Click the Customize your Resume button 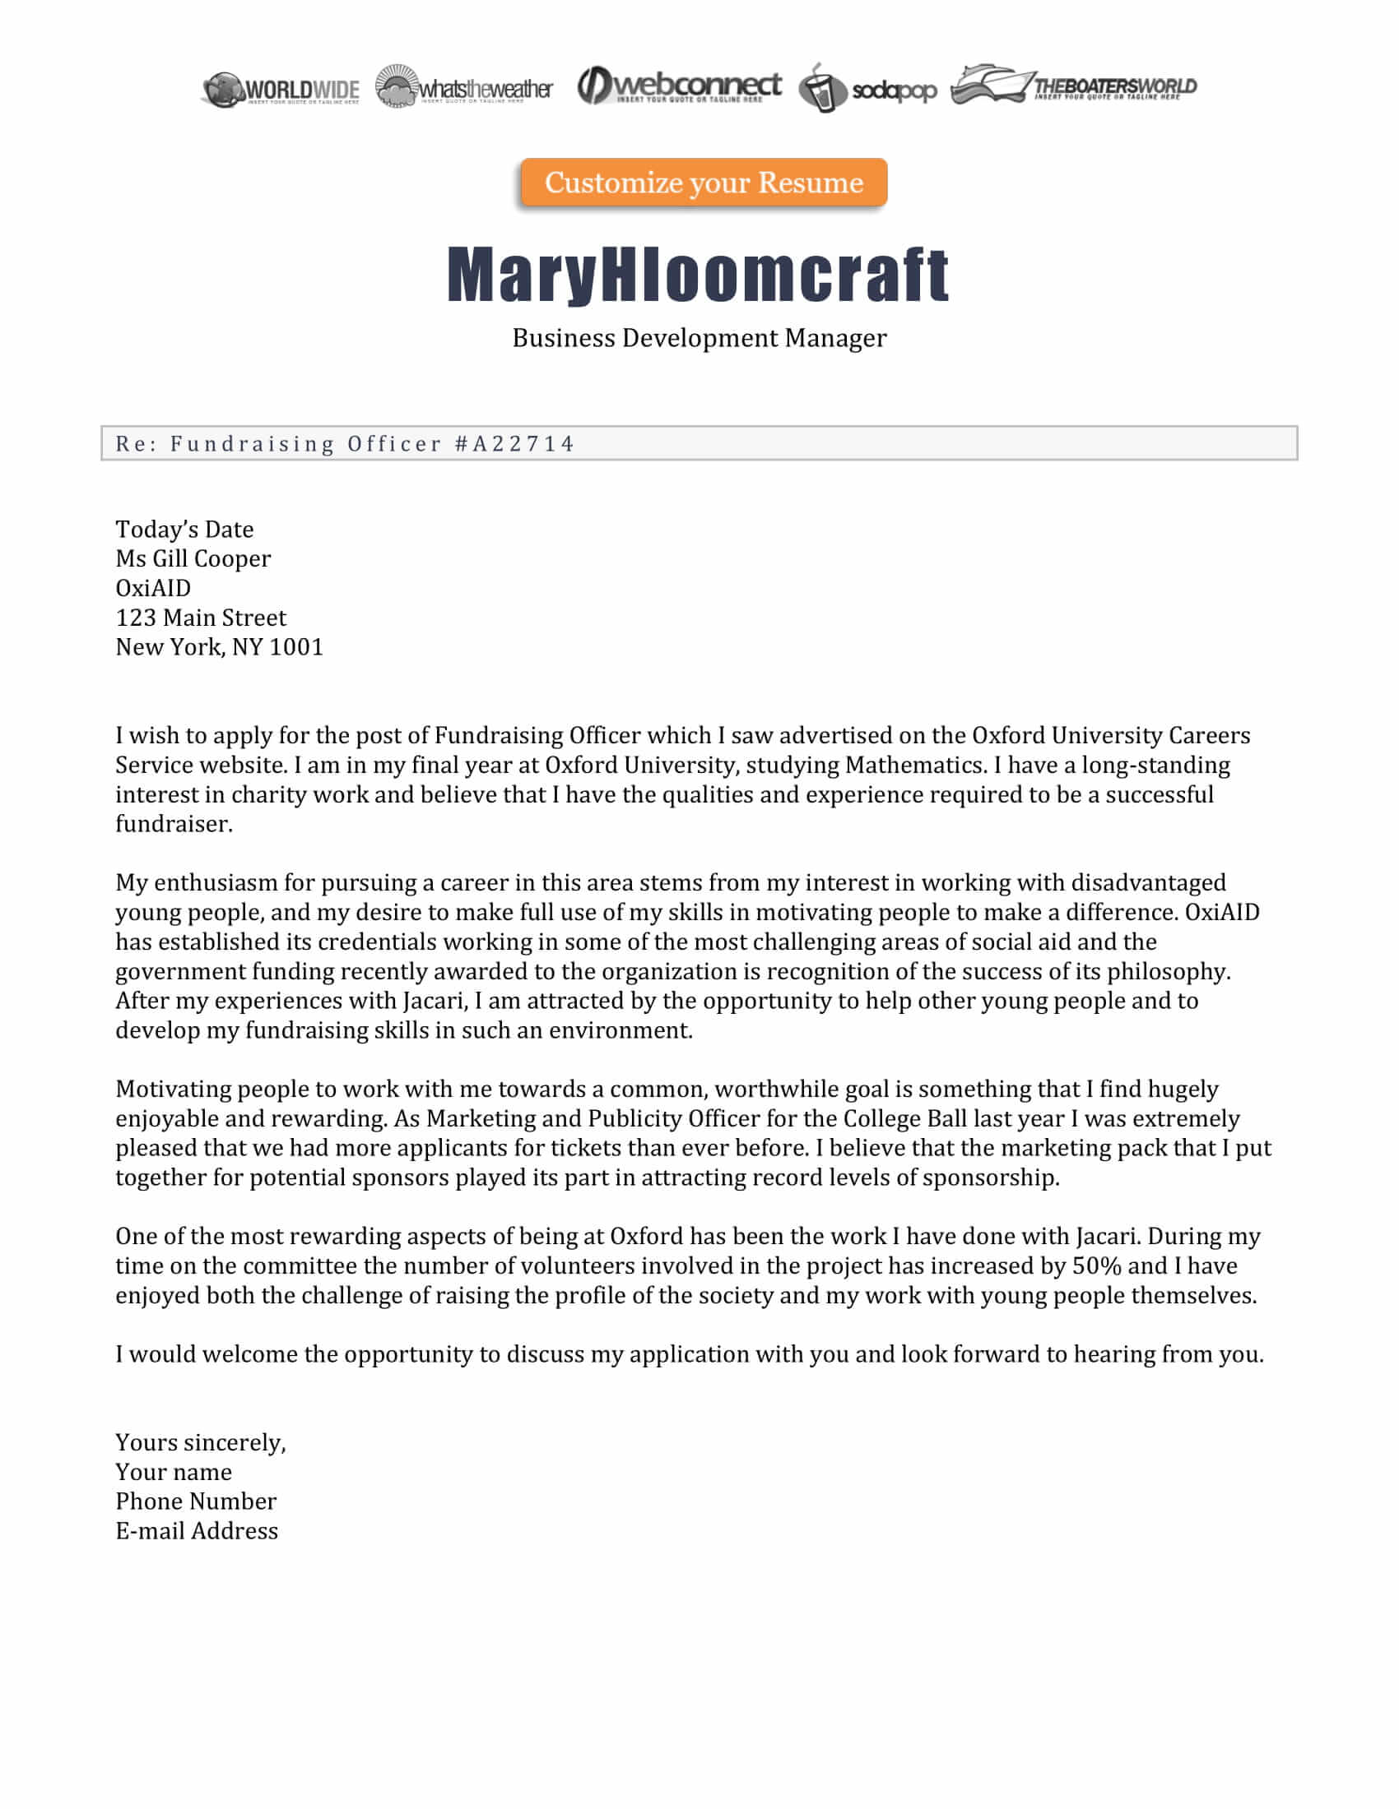tap(704, 183)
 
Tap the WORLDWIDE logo tap(281, 90)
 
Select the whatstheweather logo tap(464, 87)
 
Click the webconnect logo tap(679, 86)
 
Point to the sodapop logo tap(867, 89)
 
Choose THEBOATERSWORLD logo tap(1074, 86)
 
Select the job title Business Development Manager tap(699, 338)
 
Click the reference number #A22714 tap(514, 444)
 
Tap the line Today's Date tap(184, 530)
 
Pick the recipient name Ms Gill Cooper tap(193, 559)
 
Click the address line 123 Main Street tap(201, 618)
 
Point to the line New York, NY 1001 tap(219, 647)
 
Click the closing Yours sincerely tap(201, 1443)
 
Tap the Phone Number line tap(196, 1501)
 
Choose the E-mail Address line tap(197, 1531)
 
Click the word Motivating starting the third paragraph tap(173, 1090)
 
